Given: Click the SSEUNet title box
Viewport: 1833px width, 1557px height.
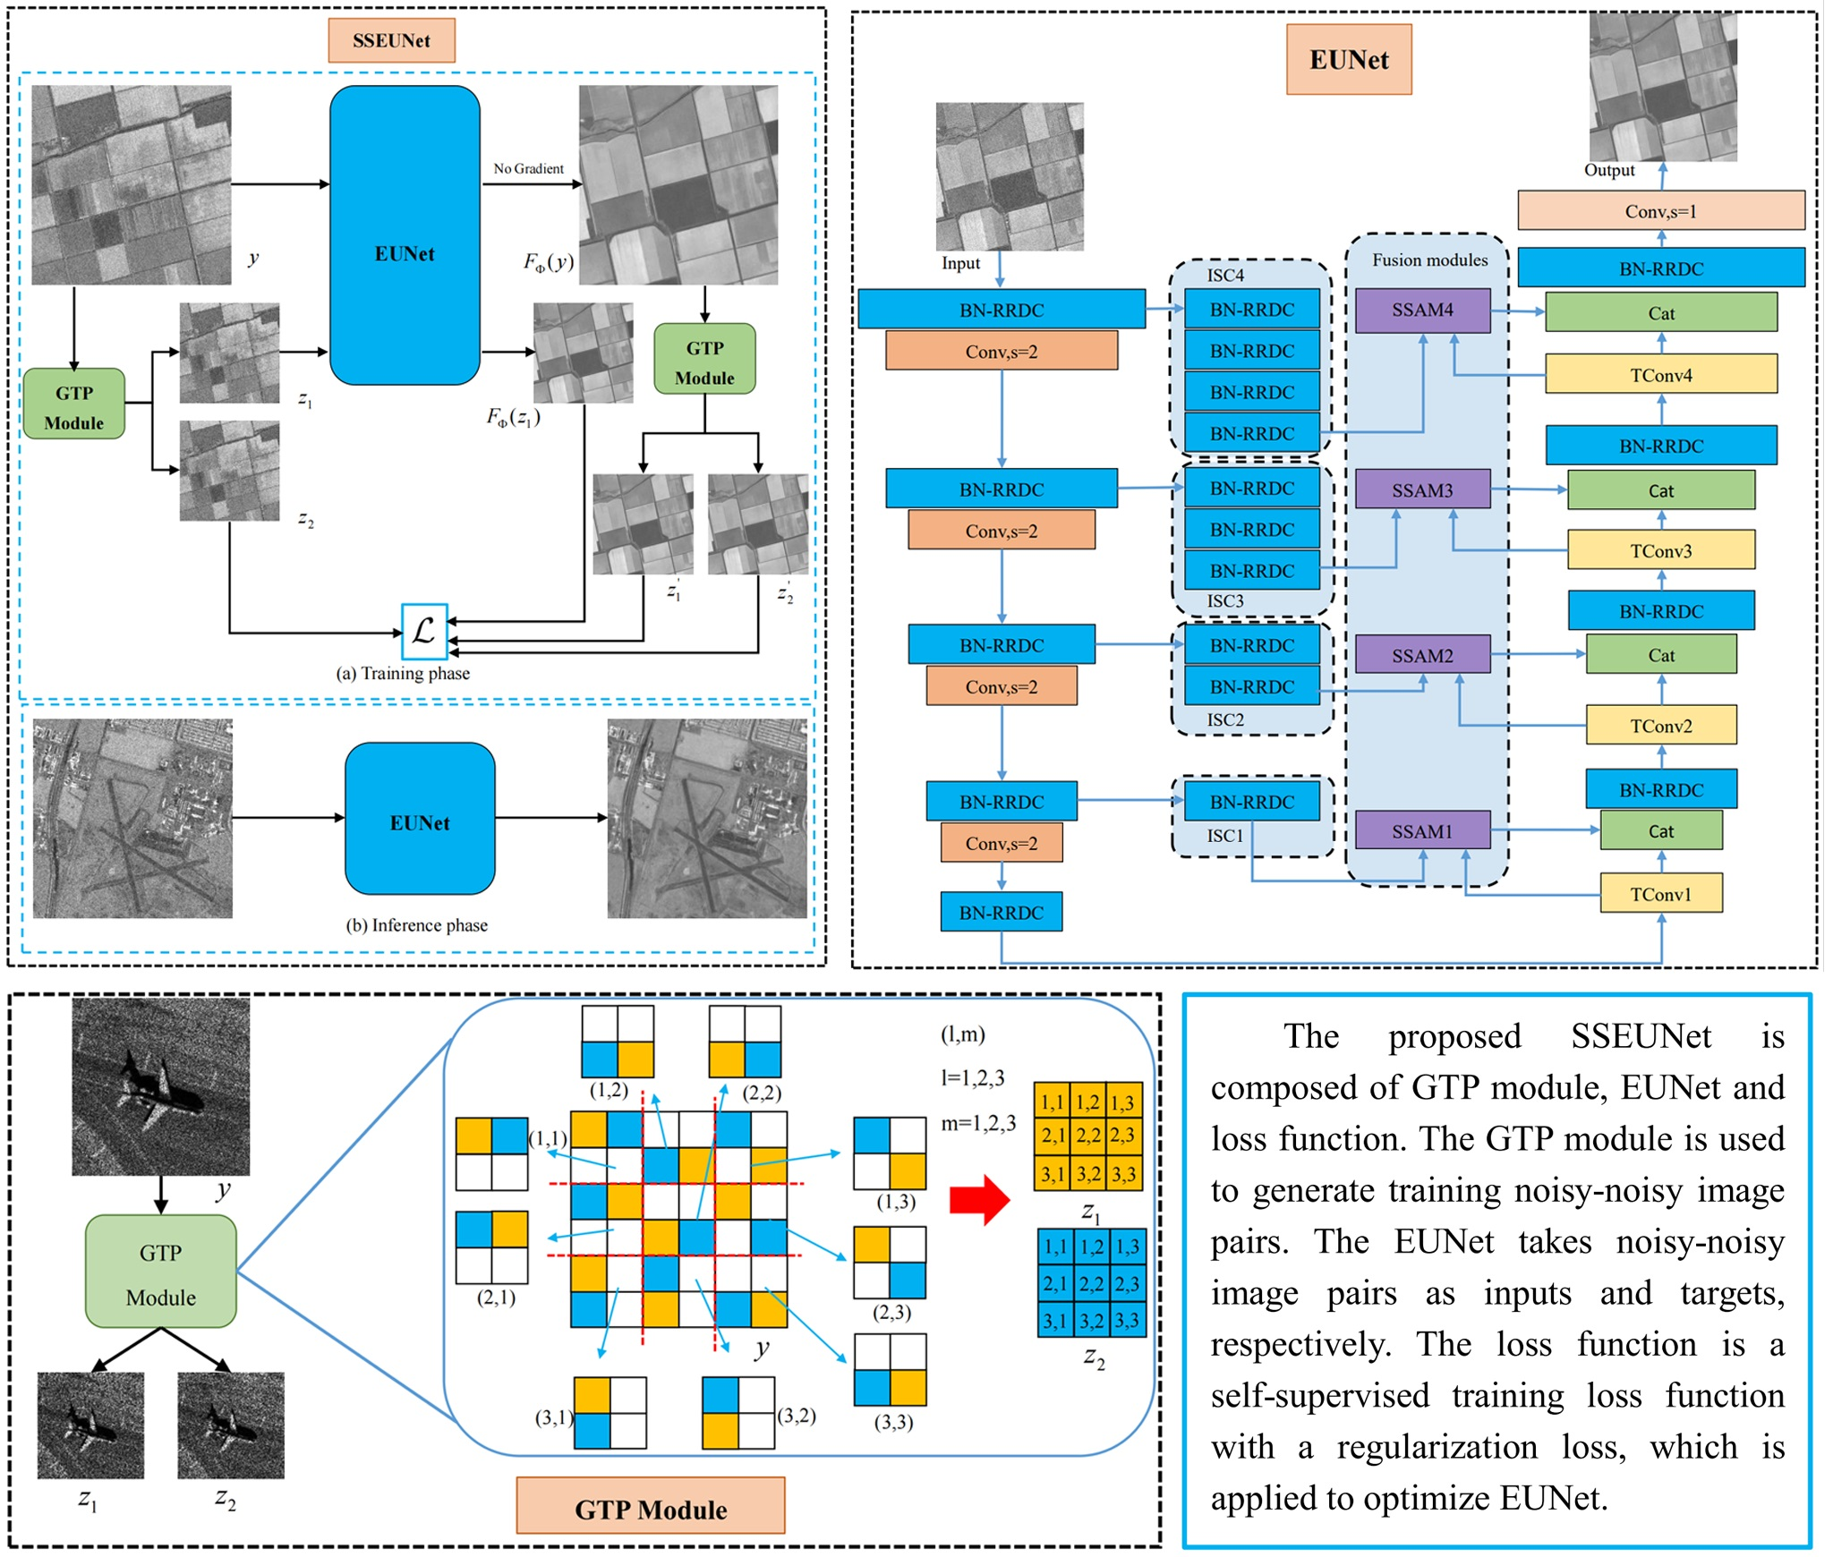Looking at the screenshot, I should (391, 40).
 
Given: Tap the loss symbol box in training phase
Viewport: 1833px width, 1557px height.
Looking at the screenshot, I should (424, 631).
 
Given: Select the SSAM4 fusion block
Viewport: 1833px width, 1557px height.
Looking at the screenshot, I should (1422, 311).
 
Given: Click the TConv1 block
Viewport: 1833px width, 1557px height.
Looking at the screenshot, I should (1660, 894).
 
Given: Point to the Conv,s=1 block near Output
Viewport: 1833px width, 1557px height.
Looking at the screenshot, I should (1660, 211).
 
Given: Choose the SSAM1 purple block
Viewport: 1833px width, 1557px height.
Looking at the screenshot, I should (1422, 831).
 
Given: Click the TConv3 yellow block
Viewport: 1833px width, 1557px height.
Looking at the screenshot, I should (1660, 550).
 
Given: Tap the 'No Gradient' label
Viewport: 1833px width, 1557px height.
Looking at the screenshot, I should (528, 168).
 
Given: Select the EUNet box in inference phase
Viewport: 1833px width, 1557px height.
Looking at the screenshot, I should (420, 819).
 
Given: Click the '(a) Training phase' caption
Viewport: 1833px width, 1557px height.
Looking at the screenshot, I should (403, 674).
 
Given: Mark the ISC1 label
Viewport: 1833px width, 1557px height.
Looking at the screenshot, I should (1224, 836).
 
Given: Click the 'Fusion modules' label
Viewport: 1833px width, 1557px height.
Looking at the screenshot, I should (1429, 260).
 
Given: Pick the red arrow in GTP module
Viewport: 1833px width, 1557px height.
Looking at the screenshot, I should (979, 1199).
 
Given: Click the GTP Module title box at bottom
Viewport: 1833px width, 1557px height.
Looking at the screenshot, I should (651, 1509).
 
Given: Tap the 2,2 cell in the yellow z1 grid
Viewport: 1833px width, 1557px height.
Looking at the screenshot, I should (1088, 1136).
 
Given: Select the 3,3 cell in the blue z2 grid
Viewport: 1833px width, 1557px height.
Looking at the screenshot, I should (1127, 1320).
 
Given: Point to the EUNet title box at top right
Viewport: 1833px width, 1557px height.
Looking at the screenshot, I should (1349, 60).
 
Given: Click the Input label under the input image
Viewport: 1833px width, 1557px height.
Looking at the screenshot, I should (960, 263).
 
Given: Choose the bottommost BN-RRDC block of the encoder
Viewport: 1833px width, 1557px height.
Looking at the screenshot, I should (1001, 913).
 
